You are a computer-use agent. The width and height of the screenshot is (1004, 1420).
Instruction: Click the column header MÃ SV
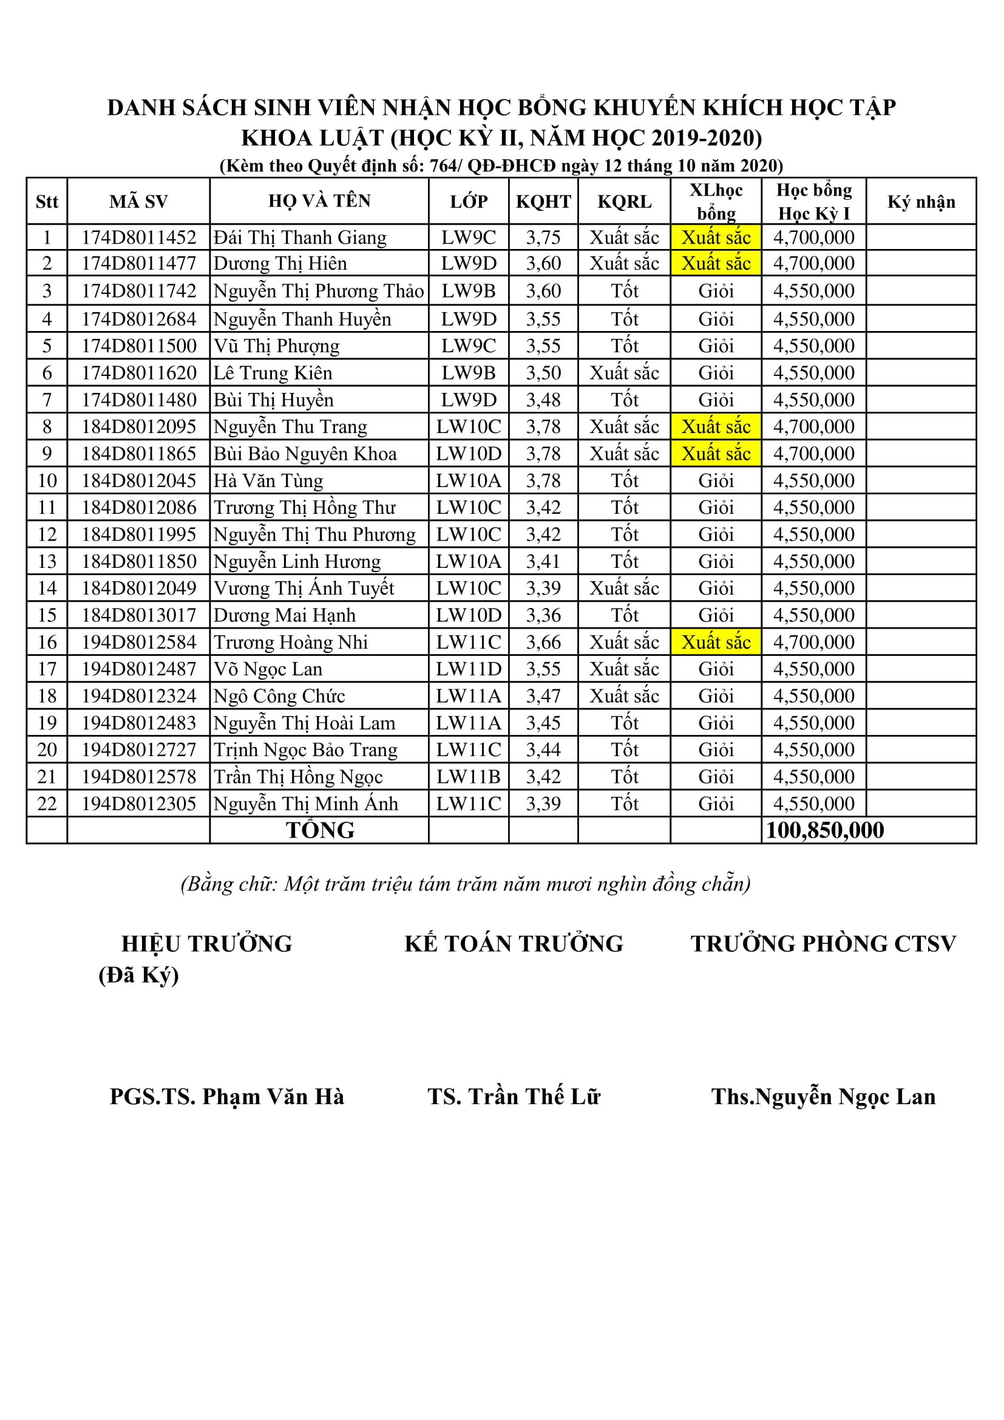pos(138,202)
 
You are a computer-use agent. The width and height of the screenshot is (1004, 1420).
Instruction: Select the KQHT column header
pos(543,202)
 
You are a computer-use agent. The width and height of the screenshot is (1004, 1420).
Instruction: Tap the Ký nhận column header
pos(921,202)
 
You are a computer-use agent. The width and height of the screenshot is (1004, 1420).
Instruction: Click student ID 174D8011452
pos(138,237)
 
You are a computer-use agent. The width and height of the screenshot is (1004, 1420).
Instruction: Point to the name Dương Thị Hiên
pos(280,264)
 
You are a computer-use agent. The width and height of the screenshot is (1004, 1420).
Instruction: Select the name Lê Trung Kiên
pos(273,373)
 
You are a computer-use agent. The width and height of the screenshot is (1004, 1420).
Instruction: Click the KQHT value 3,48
pos(543,400)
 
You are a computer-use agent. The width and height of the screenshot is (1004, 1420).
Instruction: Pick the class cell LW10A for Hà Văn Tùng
pos(468,480)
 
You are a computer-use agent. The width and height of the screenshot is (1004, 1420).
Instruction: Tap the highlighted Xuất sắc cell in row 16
pos(715,642)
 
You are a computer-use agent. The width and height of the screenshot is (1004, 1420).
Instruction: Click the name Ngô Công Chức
pos(279,696)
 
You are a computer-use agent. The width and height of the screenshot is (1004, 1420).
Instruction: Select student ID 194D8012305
pos(138,804)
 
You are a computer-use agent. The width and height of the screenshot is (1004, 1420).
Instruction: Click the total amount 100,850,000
pos(824,830)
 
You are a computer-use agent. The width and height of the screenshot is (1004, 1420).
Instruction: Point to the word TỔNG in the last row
pos(320,830)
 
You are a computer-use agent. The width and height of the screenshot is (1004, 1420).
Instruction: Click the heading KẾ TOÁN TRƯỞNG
pos(514,944)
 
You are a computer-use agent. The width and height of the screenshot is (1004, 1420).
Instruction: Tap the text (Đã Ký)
pos(138,975)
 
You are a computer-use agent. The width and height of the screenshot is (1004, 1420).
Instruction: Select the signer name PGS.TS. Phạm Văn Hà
pos(226,1096)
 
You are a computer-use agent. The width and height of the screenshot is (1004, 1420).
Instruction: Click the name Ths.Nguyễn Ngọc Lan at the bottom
pos(823,1096)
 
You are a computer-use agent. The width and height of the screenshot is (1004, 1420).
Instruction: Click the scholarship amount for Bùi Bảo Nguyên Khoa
pos(813,454)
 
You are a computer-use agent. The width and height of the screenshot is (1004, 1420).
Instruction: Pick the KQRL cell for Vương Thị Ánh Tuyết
pos(624,588)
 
